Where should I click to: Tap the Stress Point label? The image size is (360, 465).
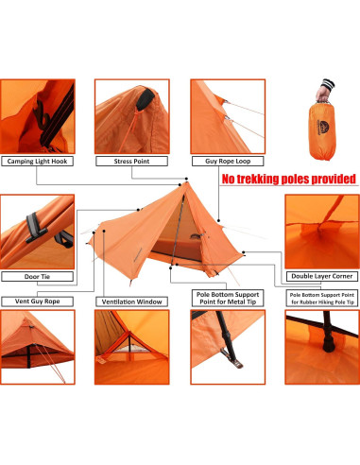click(x=133, y=162)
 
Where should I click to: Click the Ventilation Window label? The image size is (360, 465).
click(x=131, y=302)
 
